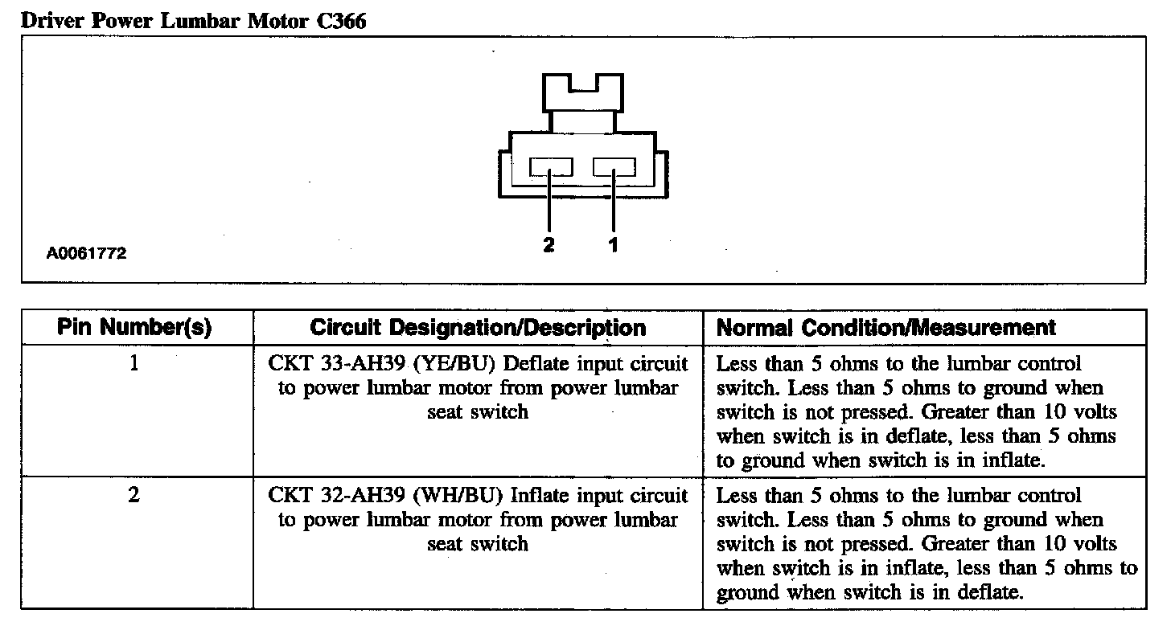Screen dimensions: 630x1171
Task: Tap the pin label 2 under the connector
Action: pos(549,245)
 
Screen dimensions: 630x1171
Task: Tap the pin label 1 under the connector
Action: pos(614,245)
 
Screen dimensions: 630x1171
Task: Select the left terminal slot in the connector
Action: pos(551,167)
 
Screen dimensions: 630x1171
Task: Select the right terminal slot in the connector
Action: pos(614,167)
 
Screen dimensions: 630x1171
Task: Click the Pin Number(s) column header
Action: pos(134,328)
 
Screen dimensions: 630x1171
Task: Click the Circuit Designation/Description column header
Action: pos(478,328)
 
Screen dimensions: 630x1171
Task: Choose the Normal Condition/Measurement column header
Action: pos(885,328)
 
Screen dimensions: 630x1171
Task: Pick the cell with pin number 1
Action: pos(134,364)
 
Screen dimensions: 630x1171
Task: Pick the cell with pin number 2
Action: pos(134,495)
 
